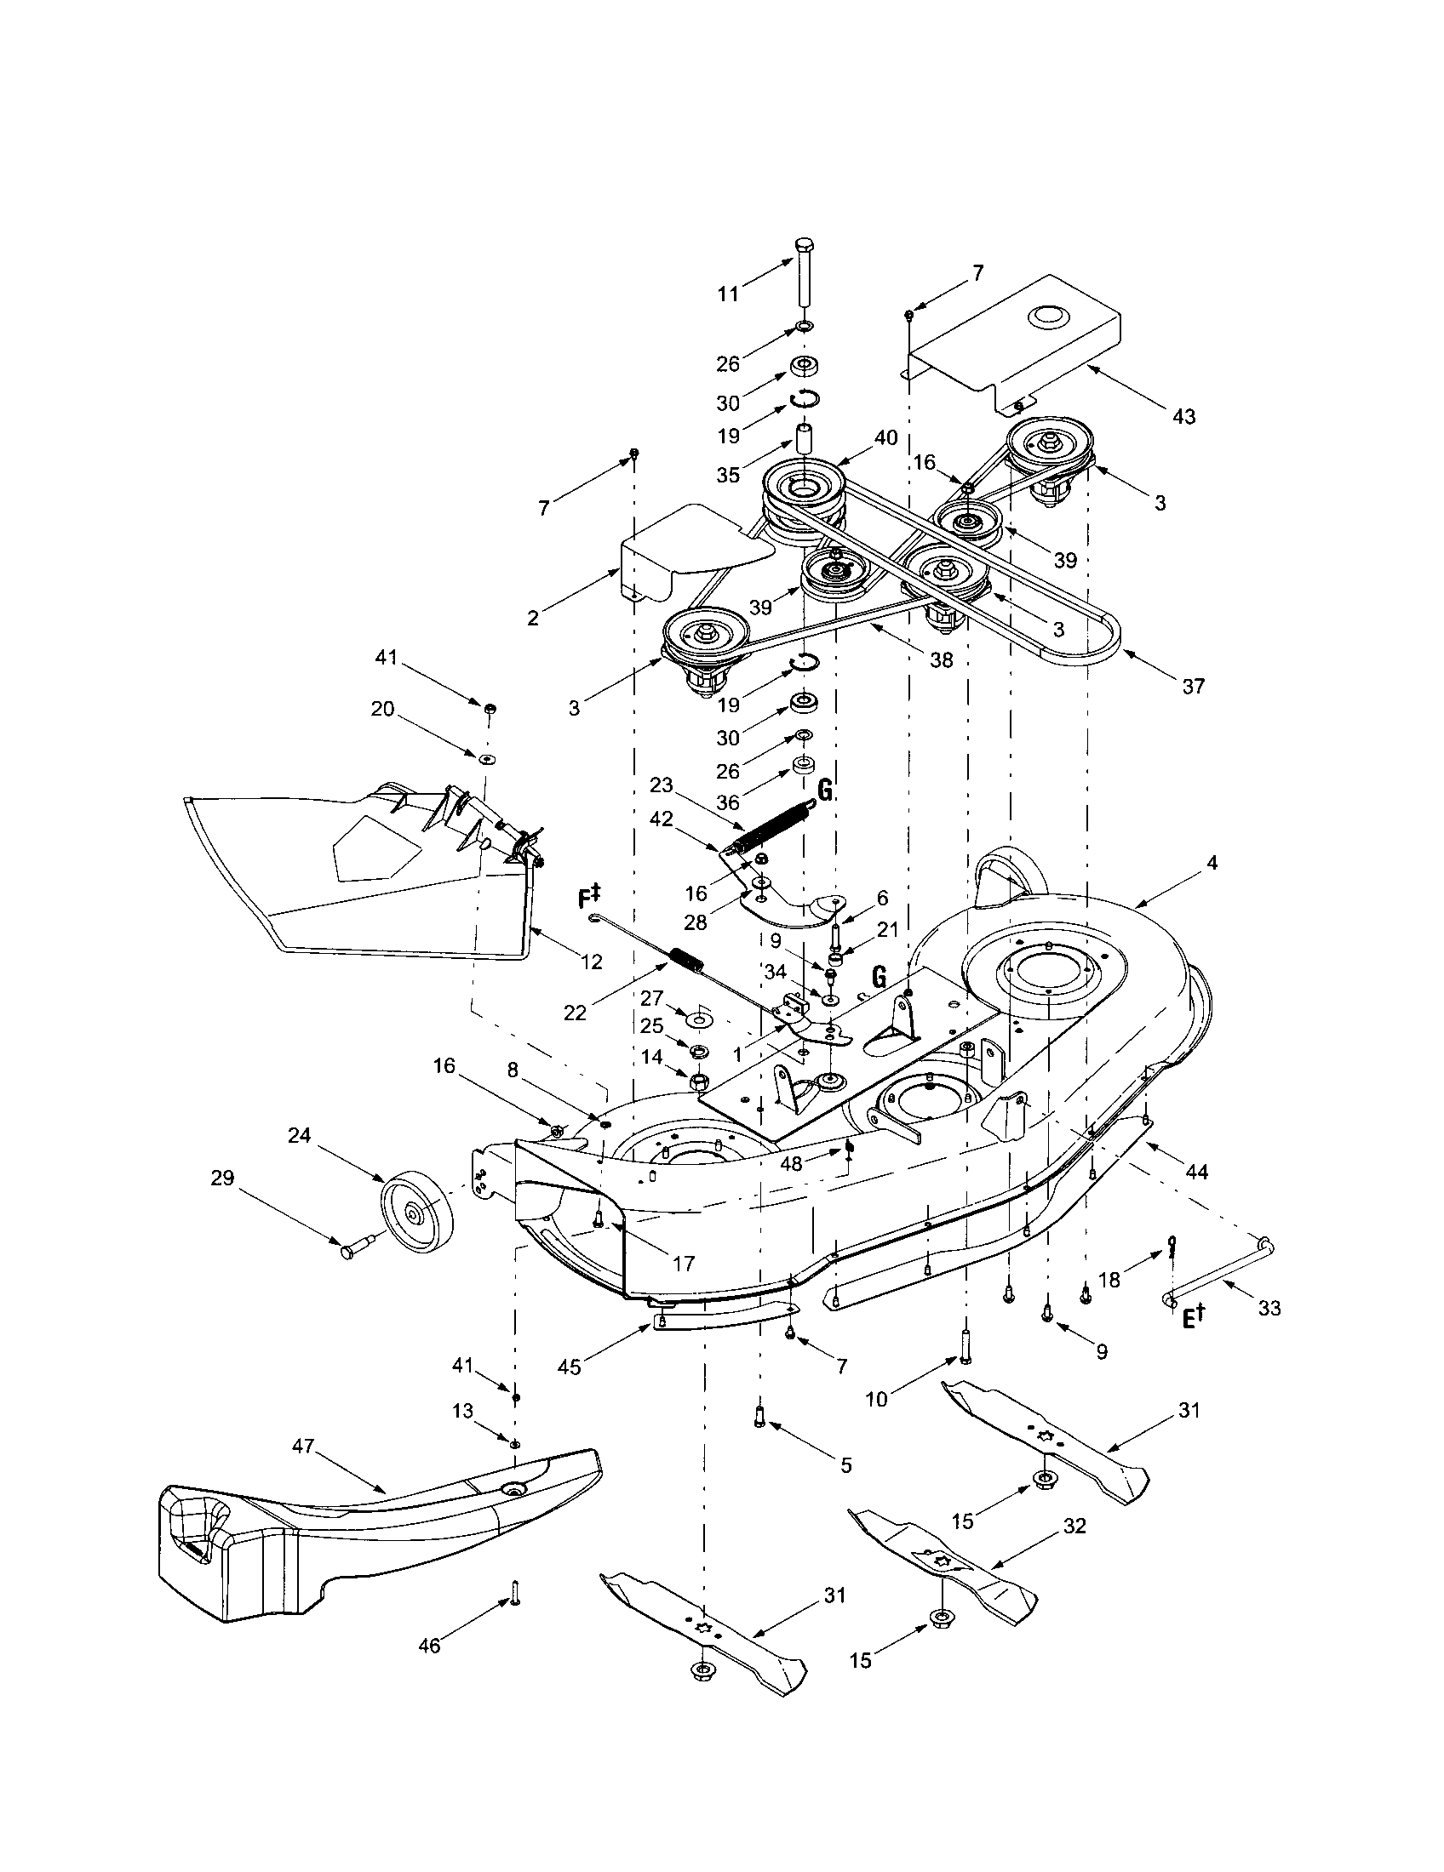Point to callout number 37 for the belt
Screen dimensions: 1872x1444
[1193, 686]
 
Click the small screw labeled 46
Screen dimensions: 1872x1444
[516, 1593]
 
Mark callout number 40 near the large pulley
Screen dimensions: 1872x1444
[885, 438]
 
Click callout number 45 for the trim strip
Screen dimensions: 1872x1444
[569, 1367]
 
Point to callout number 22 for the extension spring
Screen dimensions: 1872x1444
[575, 1013]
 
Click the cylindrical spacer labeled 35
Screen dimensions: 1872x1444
[804, 440]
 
